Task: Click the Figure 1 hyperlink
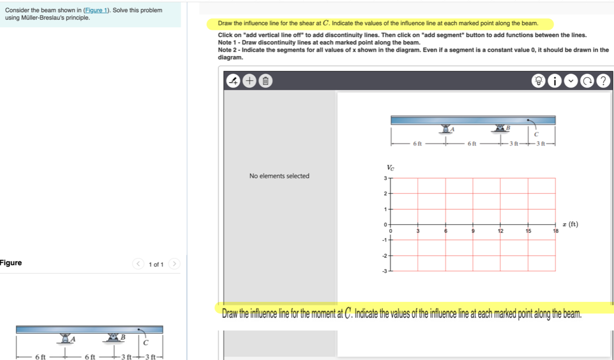coord(96,10)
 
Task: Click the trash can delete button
coord(265,81)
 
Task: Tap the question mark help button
coord(603,81)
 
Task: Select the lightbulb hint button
coord(538,81)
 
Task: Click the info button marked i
coord(555,81)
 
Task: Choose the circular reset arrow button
coord(587,81)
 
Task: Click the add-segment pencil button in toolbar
coord(233,81)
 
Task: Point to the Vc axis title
coord(390,168)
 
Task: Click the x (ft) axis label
coord(570,224)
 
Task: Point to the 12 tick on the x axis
coord(500,231)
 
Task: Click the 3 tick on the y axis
coord(385,178)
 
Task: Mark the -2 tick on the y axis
coord(384,256)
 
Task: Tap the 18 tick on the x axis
coord(555,231)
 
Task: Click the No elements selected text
coord(279,176)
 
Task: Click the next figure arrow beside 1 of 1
coord(174,264)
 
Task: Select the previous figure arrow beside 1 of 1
coord(138,264)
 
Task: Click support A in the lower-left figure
coord(65,338)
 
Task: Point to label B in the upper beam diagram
coord(508,128)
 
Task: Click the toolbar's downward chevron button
coord(571,81)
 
